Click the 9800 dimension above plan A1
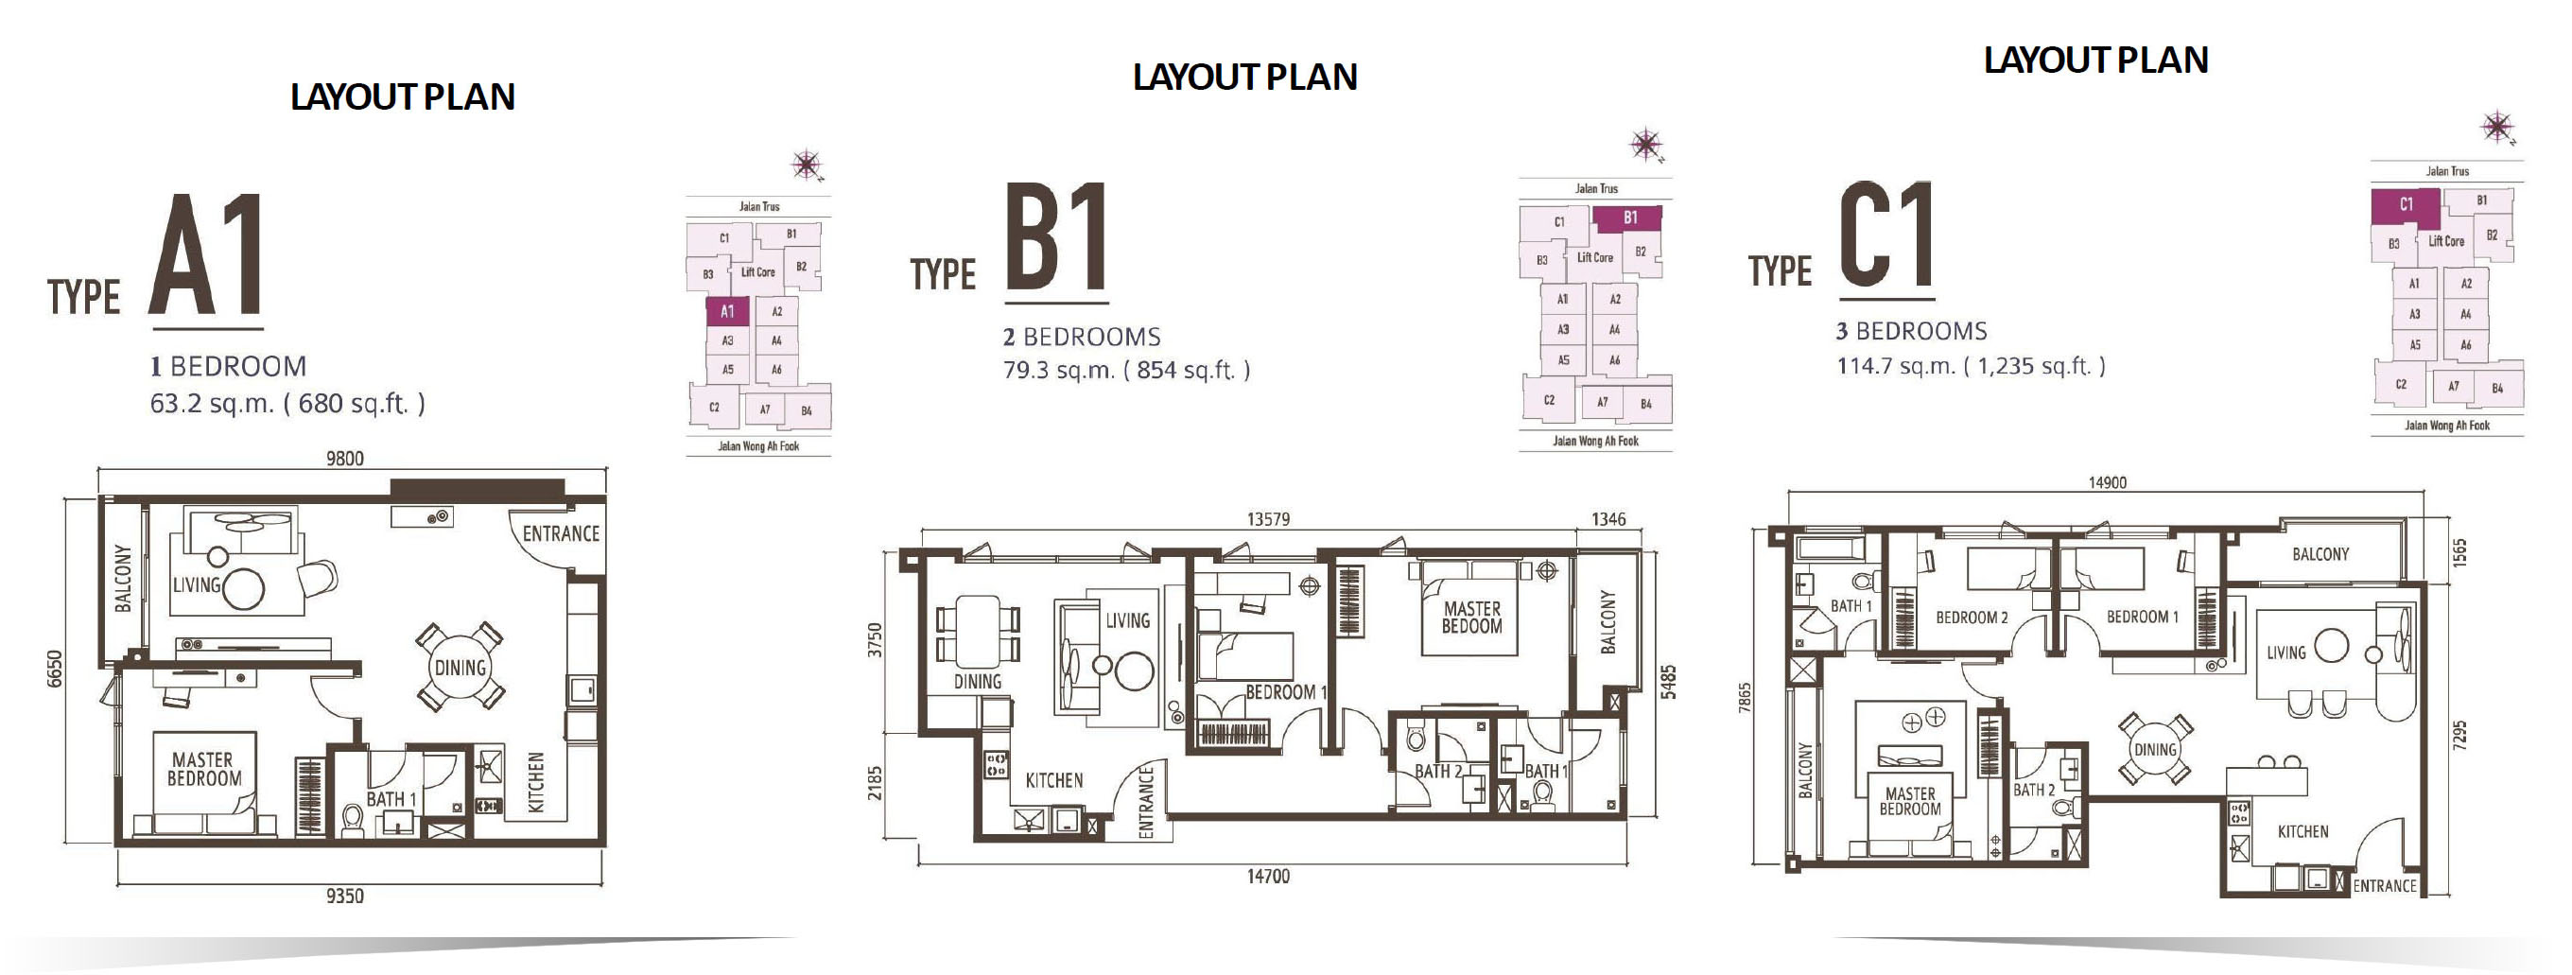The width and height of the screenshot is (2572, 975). click(344, 459)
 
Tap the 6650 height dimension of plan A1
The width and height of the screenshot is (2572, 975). click(55, 670)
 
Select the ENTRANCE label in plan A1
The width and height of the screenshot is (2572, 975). click(561, 533)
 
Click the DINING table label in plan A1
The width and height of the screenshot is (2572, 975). click(461, 668)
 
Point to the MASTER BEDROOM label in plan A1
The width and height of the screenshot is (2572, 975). click(204, 769)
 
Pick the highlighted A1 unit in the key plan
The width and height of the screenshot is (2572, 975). click(728, 312)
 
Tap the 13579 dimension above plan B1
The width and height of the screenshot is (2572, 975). click(1268, 519)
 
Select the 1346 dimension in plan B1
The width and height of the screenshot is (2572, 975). click(1608, 519)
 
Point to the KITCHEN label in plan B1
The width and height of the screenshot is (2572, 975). click(1054, 780)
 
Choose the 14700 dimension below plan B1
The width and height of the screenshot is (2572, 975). click(1268, 876)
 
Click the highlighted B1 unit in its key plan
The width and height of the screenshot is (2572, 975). click(1628, 218)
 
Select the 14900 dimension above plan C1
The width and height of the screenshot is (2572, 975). click(2108, 482)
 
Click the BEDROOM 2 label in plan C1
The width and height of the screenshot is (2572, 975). click(1972, 618)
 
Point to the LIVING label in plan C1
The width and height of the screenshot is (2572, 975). click(2286, 653)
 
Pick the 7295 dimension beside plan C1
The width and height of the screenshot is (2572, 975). click(2460, 735)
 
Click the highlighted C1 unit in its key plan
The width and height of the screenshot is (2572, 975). click(2406, 206)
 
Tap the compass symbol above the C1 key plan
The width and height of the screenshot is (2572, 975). click(2497, 128)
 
